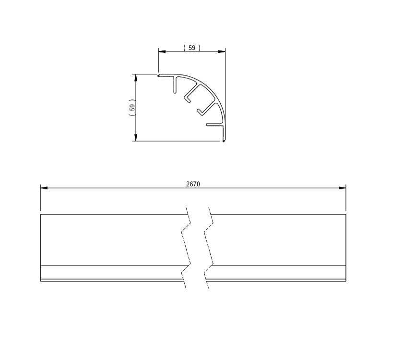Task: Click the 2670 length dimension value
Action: click(x=192, y=183)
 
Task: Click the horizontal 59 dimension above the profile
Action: click(x=192, y=48)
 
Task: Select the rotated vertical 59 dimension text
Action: click(x=132, y=108)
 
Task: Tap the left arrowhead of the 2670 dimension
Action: click(x=44, y=188)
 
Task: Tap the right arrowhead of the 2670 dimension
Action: click(x=342, y=188)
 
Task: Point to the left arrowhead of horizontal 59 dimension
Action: click(x=162, y=51)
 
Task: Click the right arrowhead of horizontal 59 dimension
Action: click(x=222, y=51)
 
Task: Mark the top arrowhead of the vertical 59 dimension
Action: click(x=136, y=77)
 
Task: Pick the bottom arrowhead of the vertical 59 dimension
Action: click(x=136, y=138)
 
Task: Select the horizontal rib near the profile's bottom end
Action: click(x=214, y=125)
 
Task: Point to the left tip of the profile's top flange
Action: click(x=159, y=75)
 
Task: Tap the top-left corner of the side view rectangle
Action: click(x=40, y=215)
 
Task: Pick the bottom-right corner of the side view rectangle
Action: click(x=345, y=281)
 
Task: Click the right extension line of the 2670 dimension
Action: click(x=345, y=199)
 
